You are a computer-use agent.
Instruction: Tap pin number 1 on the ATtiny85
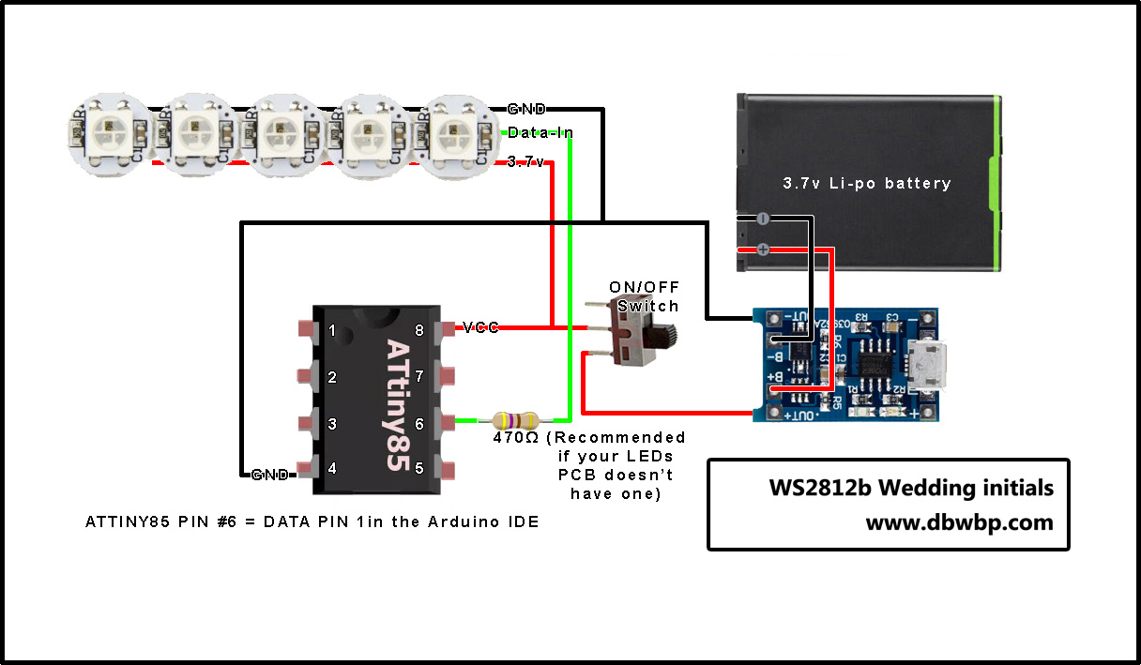pos(307,329)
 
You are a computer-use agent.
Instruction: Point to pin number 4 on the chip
pos(307,467)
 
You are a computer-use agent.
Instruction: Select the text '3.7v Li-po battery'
pos(866,184)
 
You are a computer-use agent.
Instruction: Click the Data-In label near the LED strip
pos(540,134)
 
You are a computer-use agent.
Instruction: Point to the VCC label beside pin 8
pos(480,327)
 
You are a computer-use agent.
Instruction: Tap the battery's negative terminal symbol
pos(762,219)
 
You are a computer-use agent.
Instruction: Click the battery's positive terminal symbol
pos(762,249)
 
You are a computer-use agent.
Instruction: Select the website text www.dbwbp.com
pos(958,522)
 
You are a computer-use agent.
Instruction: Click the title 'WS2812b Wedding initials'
pos(910,489)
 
